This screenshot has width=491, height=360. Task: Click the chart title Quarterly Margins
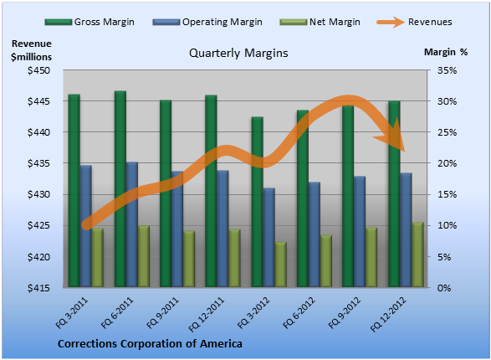(x=238, y=54)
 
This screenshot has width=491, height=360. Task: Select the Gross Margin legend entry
(x=90, y=22)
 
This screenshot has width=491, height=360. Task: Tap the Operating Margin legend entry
(x=207, y=22)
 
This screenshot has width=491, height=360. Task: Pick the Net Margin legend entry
(x=320, y=22)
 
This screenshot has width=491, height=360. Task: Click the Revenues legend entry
(x=414, y=22)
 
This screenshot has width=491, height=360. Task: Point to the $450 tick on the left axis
(x=38, y=70)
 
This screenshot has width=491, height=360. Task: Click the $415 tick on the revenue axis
(x=38, y=288)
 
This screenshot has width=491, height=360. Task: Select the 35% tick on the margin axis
(x=447, y=70)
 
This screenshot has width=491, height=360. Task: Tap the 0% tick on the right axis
(x=444, y=288)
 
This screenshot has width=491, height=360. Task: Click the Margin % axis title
(x=446, y=52)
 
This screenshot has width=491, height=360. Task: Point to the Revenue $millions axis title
(x=31, y=50)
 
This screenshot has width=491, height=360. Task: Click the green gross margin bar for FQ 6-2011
(x=120, y=189)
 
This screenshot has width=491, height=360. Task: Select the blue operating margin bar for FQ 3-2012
(x=269, y=238)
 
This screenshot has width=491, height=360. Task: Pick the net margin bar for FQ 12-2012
(x=417, y=255)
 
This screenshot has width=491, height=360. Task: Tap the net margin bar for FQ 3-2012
(x=280, y=265)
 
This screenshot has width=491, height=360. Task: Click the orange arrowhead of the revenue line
(x=391, y=136)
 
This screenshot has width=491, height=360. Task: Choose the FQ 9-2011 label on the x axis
(x=162, y=313)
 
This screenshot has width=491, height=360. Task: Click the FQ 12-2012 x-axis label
(x=388, y=314)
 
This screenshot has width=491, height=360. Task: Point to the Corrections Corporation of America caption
(x=150, y=344)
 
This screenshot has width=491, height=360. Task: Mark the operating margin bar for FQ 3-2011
(x=85, y=226)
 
